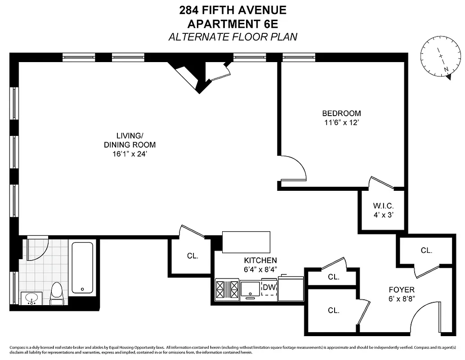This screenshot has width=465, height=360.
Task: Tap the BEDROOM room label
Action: [341, 113]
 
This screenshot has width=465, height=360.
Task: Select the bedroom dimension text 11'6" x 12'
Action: [341, 122]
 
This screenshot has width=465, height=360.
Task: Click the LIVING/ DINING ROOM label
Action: [130, 140]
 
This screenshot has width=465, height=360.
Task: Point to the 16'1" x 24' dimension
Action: [130, 153]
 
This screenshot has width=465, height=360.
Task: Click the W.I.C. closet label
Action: [383, 206]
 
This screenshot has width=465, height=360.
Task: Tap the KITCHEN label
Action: [260, 261]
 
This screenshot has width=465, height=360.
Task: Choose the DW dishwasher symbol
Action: [269, 288]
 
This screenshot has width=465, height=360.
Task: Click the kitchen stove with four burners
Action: [227, 289]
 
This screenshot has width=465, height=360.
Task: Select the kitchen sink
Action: [250, 289]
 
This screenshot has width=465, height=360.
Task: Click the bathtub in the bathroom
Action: [82, 268]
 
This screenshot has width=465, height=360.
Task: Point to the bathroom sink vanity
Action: [31, 298]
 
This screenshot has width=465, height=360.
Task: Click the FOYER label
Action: [402, 290]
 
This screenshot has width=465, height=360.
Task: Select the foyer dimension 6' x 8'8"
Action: [402, 298]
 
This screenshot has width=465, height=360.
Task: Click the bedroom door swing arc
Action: [295, 169]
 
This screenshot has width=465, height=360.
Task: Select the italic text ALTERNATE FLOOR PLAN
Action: [232, 37]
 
